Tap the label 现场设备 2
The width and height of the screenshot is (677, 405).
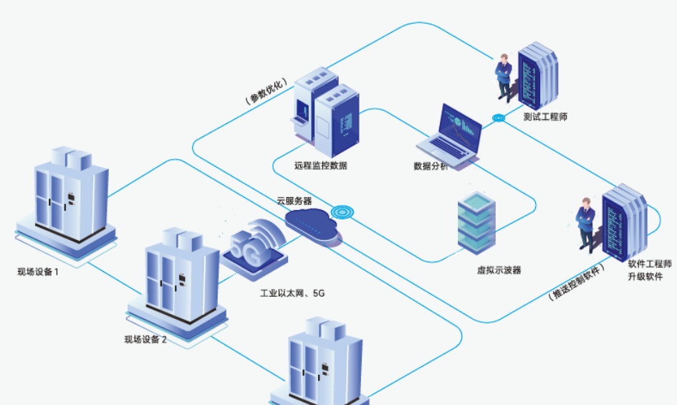pyautogui.click(x=145, y=339)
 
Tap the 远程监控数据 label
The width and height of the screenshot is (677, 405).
pyautogui.click(x=320, y=166)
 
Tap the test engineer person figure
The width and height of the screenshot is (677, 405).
pyautogui.click(x=504, y=76)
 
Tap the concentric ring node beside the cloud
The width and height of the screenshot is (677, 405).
pyautogui.click(x=343, y=212)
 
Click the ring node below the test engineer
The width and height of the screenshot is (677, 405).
pyautogui.click(x=498, y=118)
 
